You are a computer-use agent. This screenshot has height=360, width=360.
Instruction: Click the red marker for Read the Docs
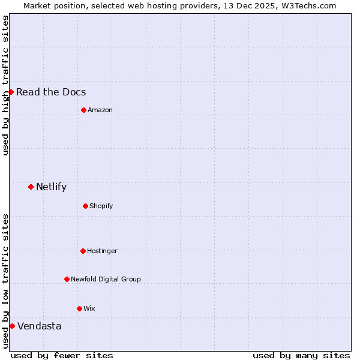pos(11,92)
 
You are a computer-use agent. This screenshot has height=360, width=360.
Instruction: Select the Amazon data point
pos(83,110)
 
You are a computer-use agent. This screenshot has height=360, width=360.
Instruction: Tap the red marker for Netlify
pos(31,187)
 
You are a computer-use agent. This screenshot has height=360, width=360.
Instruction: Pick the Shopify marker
pos(85,206)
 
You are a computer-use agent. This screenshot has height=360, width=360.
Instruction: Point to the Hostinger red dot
pos(83,251)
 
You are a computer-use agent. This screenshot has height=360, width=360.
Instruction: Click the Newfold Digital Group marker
pos(67,279)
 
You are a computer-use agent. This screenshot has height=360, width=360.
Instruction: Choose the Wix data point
pos(79,308)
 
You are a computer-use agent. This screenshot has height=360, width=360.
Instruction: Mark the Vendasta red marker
pos(12,326)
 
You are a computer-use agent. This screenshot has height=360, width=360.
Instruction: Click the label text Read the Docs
pos(51,92)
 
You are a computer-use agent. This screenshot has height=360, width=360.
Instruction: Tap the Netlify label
pos(51,187)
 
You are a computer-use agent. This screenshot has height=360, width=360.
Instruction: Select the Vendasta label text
pos(39,326)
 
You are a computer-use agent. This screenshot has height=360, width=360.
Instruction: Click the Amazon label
pos(100,110)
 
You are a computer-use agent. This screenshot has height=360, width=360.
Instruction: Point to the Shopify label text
pos(101,206)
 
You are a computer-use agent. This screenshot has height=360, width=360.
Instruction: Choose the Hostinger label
pos(102,251)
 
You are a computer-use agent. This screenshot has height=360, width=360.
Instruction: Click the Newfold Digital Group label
pos(106,279)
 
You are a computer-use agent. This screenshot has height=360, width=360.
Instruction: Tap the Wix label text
pos(89,308)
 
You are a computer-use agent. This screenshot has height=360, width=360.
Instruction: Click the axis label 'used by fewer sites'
pos(62,355)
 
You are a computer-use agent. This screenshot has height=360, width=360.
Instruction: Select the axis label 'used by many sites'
pos(301,355)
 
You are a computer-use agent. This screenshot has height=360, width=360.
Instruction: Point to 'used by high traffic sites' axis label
pos(5,85)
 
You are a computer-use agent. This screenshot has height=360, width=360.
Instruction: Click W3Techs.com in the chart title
pos(307,5)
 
